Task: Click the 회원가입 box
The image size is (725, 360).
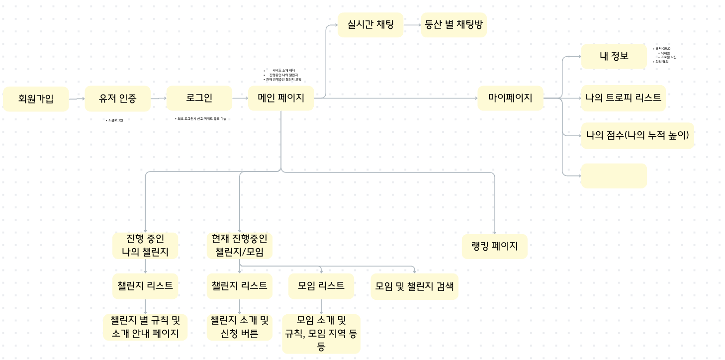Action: pos(36,98)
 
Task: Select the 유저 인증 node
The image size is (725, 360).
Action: pos(117,98)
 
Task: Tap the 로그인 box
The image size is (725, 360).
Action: pos(199,98)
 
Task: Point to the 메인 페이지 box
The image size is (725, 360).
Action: pos(281,98)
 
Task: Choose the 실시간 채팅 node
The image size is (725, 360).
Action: pos(370,25)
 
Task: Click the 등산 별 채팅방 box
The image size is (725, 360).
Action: pos(453,25)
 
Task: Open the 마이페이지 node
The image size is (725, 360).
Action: pos(510,98)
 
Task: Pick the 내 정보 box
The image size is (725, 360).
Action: pos(614,56)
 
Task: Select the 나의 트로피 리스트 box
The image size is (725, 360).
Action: pos(623,98)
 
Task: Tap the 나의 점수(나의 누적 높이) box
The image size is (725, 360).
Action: pos(637,135)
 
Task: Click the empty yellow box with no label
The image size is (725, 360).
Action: pos(614,176)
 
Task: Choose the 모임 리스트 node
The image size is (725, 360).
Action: pos(321,286)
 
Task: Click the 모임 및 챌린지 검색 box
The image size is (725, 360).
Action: pos(414,286)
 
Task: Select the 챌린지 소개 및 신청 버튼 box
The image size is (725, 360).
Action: pos(240,327)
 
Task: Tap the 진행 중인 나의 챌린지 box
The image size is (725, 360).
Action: pos(145,246)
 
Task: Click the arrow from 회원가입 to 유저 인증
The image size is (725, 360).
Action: pos(77,98)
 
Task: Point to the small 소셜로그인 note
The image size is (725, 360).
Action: pos(115,120)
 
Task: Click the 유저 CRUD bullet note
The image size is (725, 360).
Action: pos(663,49)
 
